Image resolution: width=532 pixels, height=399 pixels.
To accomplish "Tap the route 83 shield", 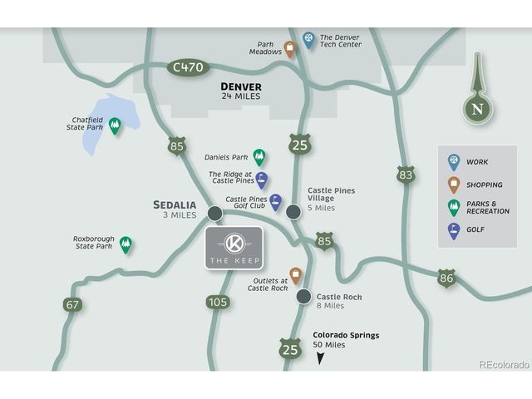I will tap(406, 174).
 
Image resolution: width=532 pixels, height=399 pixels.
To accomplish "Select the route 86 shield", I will tap(447, 278).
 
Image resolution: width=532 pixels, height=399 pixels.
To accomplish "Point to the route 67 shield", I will tap(73, 304).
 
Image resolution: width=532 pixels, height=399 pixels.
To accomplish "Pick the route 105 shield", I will tap(218, 301).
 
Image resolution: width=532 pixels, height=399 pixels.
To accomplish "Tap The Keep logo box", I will tap(234, 248).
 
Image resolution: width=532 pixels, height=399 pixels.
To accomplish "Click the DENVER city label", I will tap(241, 86).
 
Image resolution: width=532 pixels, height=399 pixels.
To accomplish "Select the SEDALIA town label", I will tap(175, 204).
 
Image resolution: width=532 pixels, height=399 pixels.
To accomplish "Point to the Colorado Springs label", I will tap(346, 335).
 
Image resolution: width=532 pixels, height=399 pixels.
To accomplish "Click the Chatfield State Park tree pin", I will tap(116, 126).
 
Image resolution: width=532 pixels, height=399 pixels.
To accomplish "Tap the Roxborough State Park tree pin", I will tap(126, 244).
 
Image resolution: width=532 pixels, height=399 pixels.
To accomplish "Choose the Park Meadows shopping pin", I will tap(290, 48).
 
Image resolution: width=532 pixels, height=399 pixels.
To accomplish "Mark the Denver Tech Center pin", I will tap(309, 39).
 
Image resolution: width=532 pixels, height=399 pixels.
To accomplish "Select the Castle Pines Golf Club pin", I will tap(275, 202).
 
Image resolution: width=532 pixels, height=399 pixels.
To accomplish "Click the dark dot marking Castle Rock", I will tap(303, 296).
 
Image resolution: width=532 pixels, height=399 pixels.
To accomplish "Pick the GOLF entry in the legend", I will tap(454, 230).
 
